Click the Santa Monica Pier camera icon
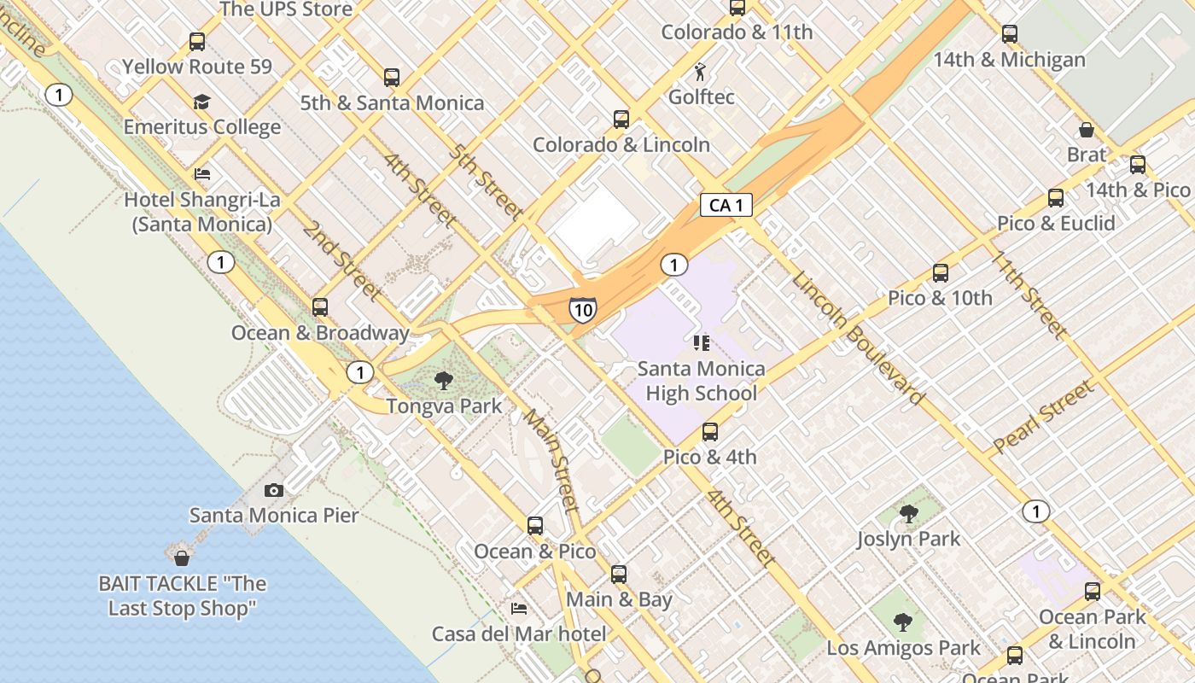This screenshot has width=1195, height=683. (273, 490)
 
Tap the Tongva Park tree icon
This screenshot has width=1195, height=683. (443, 381)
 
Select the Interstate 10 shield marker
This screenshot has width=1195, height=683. (582, 309)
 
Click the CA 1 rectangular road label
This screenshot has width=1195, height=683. (726, 205)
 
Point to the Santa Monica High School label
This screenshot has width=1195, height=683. (701, 381)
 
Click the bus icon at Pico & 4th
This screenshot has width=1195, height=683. (709, 432)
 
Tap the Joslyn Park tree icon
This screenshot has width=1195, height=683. (908, 514)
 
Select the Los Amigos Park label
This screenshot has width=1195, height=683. (903, 648)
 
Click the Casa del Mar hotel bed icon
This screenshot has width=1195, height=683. (518, 609)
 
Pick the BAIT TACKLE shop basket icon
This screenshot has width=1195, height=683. (181, 558)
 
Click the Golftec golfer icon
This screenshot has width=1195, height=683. (700, 72)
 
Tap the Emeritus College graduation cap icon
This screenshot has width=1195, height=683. (201, 102)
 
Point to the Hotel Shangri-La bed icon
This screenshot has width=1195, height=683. (201, 174)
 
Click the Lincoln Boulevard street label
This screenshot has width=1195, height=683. (857, 338)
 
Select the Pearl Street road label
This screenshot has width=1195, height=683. (1043, 417)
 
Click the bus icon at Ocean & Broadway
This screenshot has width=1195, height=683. (320, 307)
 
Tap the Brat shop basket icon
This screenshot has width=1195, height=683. (1086, 130)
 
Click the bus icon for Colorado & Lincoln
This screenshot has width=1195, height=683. (621, 120)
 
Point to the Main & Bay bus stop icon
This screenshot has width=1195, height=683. (619, 575)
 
